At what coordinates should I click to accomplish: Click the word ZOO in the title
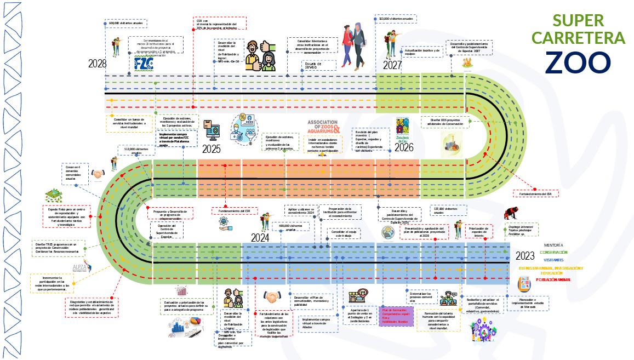pos(578,61)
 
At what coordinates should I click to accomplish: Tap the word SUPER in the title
pos(578,21)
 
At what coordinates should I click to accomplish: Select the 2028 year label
pos(97,64)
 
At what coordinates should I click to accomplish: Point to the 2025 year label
pos(211,149)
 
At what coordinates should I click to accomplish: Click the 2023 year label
pos(524,255)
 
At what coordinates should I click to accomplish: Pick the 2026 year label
pos(403,147)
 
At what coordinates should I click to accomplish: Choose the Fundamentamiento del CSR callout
pos(234,211)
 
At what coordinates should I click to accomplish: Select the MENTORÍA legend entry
pos(553,245)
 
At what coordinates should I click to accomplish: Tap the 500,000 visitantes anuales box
pos(125,24)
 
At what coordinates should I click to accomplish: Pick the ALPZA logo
pos(78,266)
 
